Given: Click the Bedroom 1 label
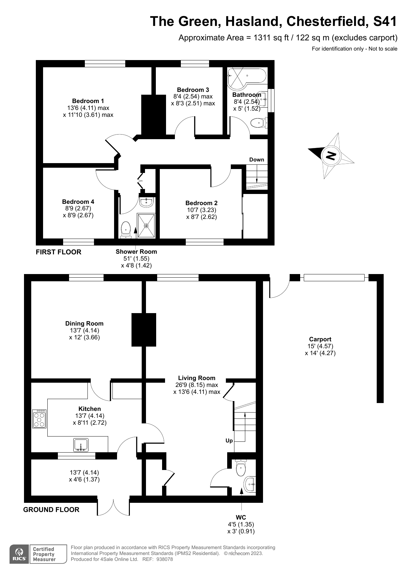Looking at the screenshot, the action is tap(88, 101).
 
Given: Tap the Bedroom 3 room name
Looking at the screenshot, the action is tap(193, 90).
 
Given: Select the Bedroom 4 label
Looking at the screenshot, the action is tap(78, 202).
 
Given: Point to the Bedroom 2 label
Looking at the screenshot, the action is tap(202, 203).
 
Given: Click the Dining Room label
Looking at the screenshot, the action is tap(84, 324).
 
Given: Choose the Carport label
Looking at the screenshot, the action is tap(320, 339).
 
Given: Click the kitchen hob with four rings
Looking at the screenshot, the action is tap(39, 419).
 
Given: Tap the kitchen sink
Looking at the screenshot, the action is tap(81, 445).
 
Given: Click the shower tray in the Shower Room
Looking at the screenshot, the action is tap(146, 225).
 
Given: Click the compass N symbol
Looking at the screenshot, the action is tap(331, 155).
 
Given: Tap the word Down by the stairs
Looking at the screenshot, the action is tap(257, 160).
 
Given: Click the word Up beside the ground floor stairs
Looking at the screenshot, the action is tap(229, 440).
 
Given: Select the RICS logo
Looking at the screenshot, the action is tap(19, 554).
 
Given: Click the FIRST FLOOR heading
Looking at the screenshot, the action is tap(59, 252).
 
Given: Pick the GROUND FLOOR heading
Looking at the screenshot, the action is tap(51, 510).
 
